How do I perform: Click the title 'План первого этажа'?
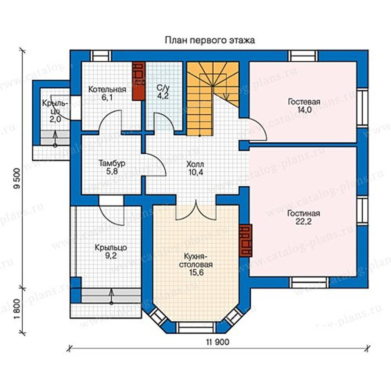[x=210, y=40]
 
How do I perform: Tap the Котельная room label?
[x=107, y=93]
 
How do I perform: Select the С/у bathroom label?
[x=163, y=92]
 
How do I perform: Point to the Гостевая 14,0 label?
[x=304, y=106]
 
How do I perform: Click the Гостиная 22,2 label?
[x=304, y=217]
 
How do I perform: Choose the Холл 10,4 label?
[x=195, y=168]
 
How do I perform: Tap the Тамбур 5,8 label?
[x=112, y=167]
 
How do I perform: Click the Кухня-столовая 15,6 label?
[x=196, y=264]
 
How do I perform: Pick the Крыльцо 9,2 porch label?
[x=111, y=252]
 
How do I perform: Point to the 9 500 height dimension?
[x=17, y=179]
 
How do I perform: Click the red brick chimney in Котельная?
[x=139, y=81]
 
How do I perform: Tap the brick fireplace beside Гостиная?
[x=245, y=240]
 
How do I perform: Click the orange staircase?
[x=212, y=99]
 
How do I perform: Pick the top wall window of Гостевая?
[x=303, y=56]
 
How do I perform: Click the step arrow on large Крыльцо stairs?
[x=111, y=296]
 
